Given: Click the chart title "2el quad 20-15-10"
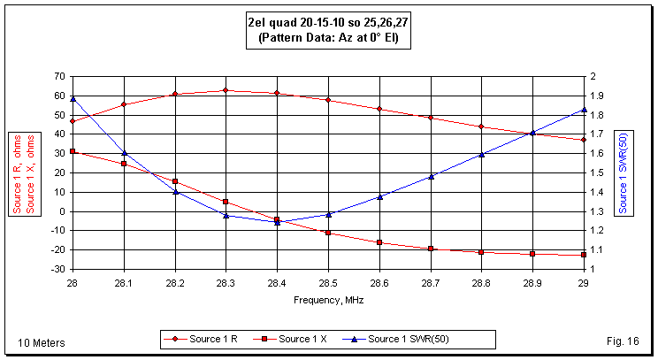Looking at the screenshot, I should [x=329, y=24].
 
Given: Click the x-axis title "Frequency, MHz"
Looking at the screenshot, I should [x=328, y=300].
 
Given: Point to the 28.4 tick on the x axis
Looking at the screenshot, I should [x=277, y=280].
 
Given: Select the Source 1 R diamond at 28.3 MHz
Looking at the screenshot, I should [x=226, y=90].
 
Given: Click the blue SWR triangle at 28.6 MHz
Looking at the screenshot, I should [x=379, y=196].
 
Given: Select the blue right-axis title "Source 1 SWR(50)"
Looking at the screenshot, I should [x=624, y=172].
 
